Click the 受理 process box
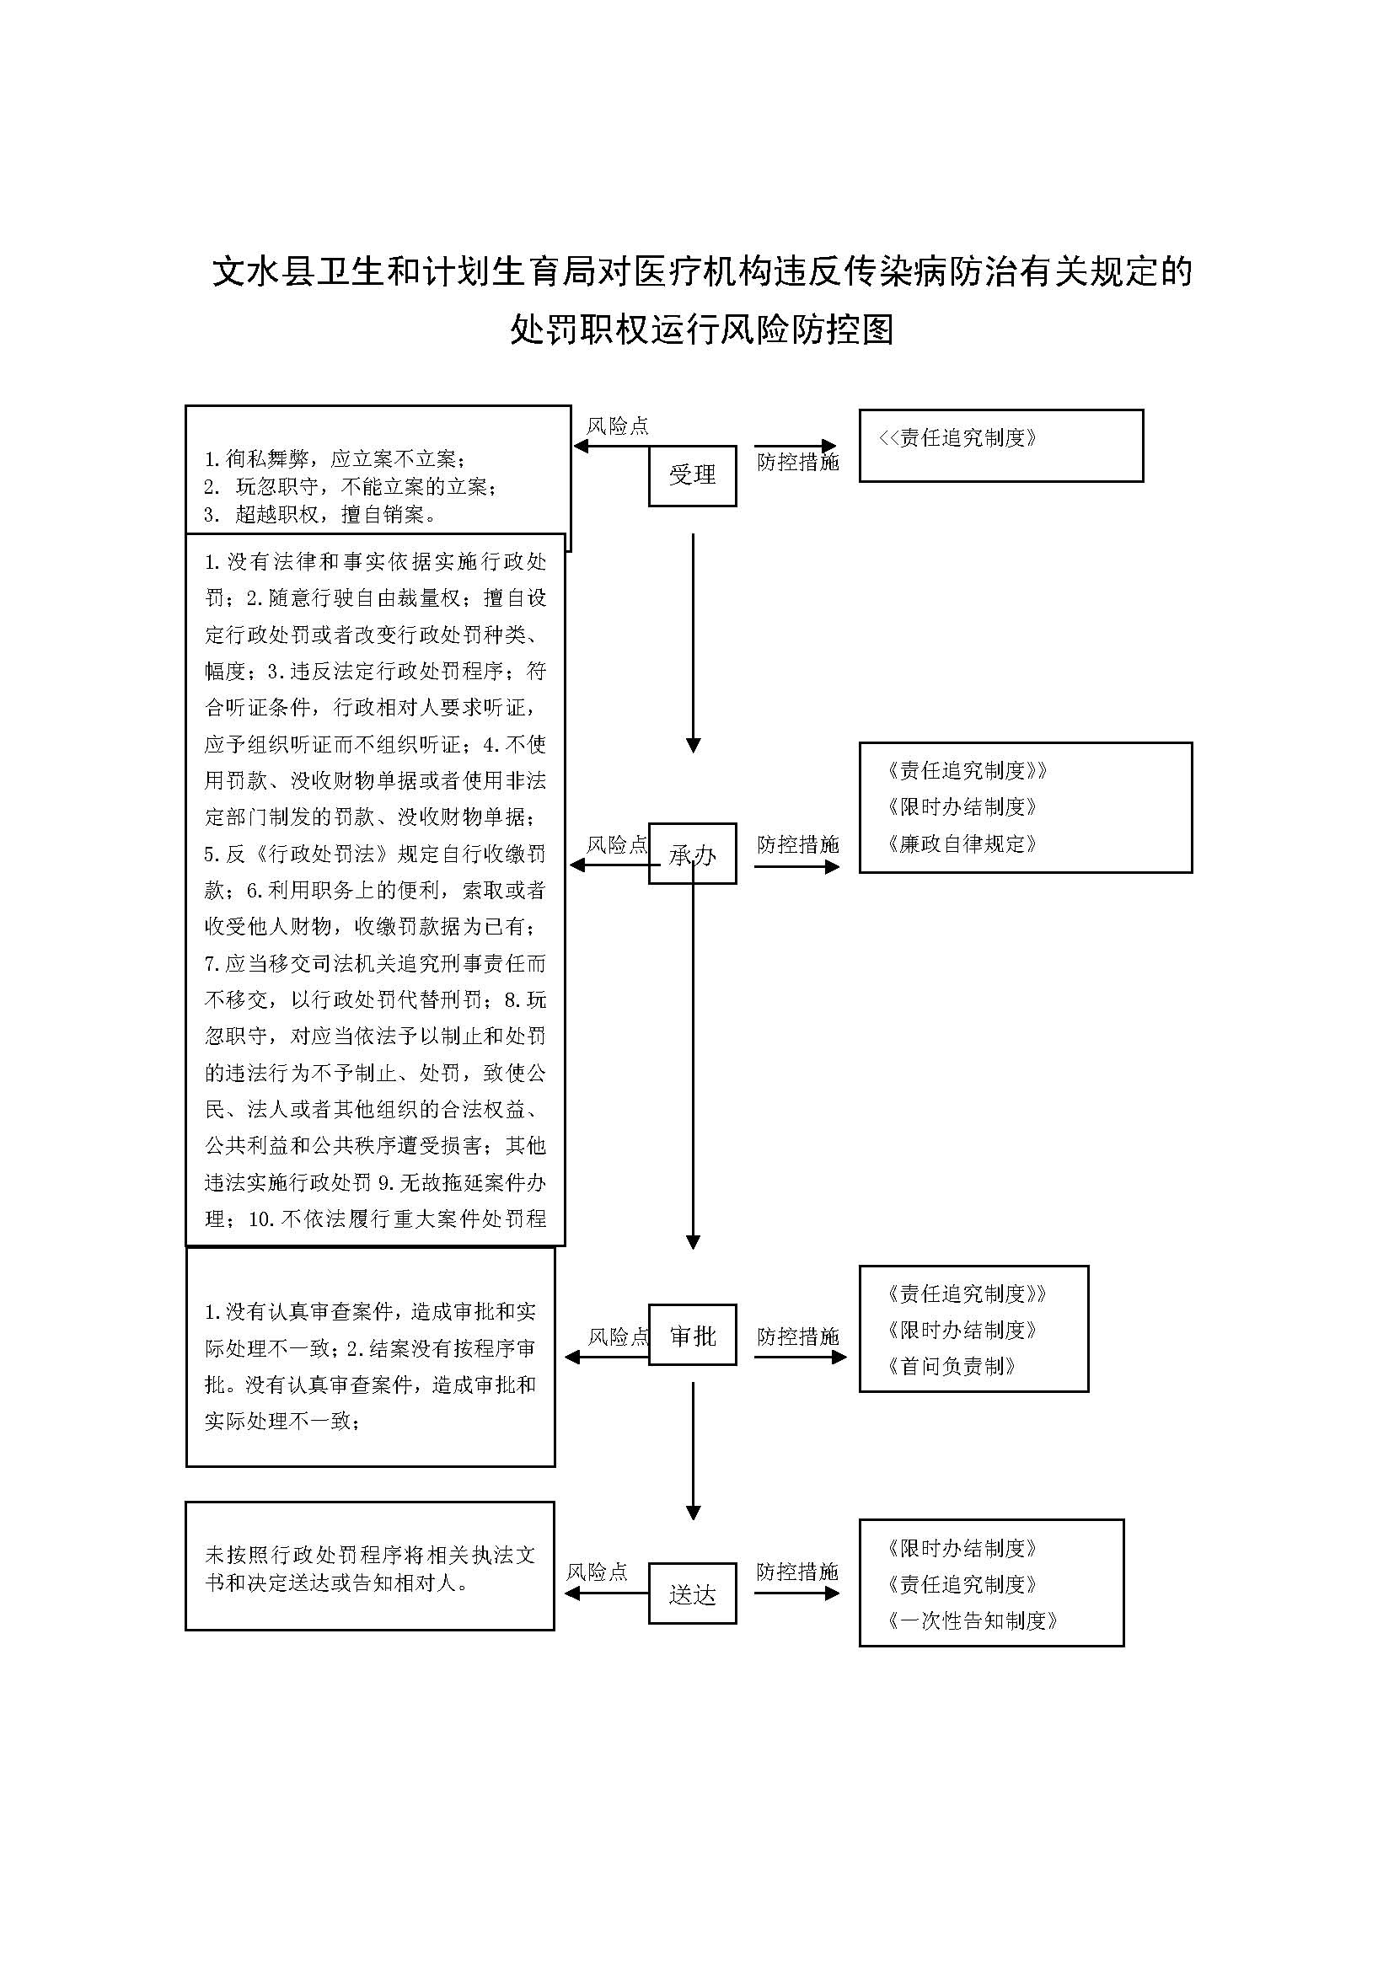[692, 474]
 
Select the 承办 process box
[692, 854]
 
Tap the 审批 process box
[692, 1336]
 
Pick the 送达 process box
[692, 1595]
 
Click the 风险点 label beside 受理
[617, 426]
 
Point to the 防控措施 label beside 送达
[796, 1572]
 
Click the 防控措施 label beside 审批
[797, 1336]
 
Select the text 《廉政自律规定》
[962, 844]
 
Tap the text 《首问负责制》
[951, 1367]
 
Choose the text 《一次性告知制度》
[972, 1620]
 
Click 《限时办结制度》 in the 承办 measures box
[962, 807]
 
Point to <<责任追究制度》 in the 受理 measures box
[957, 438]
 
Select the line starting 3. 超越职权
[320, 514]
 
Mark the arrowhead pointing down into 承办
[693, 745]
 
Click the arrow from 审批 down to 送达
[693, 1451]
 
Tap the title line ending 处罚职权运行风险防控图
[701, 329]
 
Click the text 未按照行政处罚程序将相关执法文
[370, 1555]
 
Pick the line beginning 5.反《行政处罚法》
[375, 854]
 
